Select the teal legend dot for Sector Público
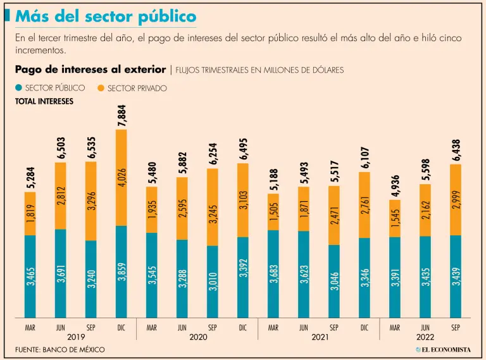click(x=19, y=88)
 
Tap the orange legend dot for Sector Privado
click(x=103, y=88)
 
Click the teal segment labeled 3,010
click(x=213, y=282)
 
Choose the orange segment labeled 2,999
click(x=456, y=200)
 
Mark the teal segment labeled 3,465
click(x=30, y=276)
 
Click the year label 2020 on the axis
click(x=198, y=338)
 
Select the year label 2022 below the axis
click(x=426, y=338)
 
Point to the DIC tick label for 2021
click(x=364, y=328)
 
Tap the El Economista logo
click(x=442, y=349)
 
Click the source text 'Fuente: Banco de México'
click(x=60, y=349)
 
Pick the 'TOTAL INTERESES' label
click(x=44, y=101)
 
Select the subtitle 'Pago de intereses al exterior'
click(x=90, y=69)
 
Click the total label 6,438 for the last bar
click(x=456, y=148)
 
